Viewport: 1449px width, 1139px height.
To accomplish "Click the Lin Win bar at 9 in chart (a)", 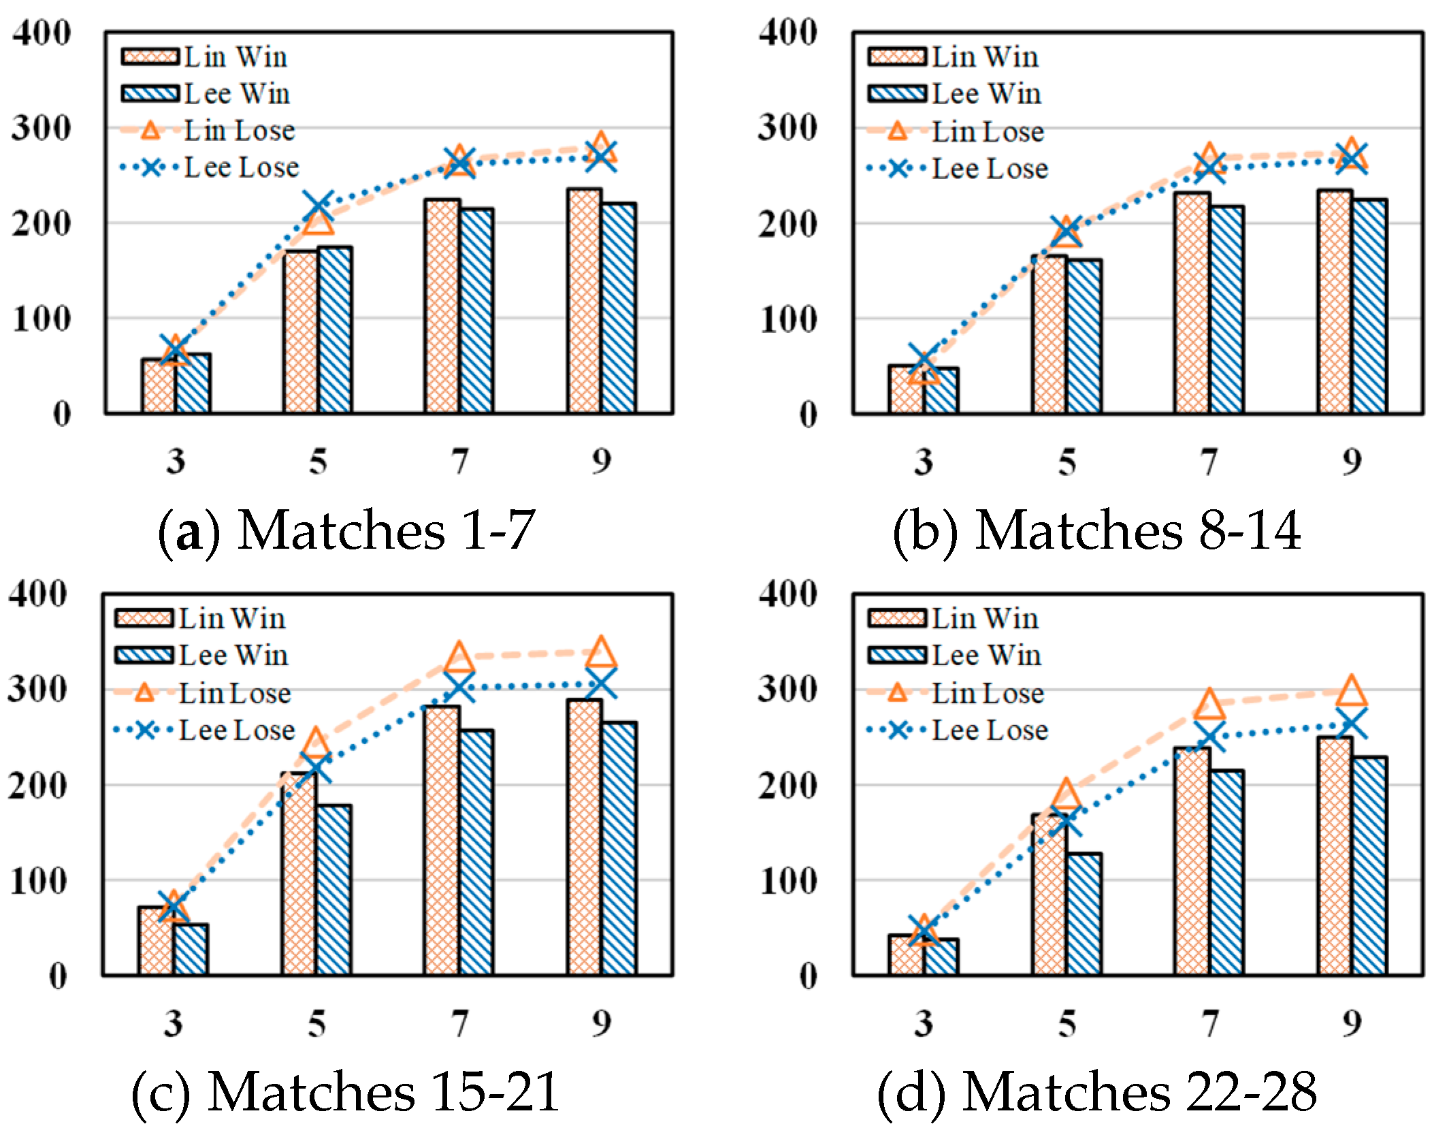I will point(584,301).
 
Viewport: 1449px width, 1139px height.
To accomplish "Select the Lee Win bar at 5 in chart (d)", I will point(1084,914).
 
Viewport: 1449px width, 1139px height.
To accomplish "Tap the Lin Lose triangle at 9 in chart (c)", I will point(601,652).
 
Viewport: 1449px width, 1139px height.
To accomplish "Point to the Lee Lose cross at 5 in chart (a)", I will point(319,206).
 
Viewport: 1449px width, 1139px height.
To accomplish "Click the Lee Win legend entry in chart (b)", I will point(954,94).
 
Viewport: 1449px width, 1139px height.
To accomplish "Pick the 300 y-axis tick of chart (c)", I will point(37,690).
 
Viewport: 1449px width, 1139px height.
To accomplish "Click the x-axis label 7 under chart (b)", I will point(1209,462).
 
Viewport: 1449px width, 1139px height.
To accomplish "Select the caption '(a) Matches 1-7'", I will point(346,530).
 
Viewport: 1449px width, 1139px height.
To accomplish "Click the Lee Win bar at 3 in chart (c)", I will point(191,949).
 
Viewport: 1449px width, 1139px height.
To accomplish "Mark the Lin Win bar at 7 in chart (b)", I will point(1192,302).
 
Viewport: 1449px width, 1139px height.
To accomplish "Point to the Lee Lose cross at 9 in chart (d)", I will point(1351,724).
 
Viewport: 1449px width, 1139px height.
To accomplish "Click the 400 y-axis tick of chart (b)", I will point(788,33).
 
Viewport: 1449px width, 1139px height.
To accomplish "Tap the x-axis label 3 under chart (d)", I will point(923,1023).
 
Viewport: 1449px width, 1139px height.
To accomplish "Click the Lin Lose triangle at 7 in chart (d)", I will point(1209,704).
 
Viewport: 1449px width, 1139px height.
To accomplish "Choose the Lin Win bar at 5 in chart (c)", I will point(299,873).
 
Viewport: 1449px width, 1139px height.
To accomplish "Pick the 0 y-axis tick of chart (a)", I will point(62,414).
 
